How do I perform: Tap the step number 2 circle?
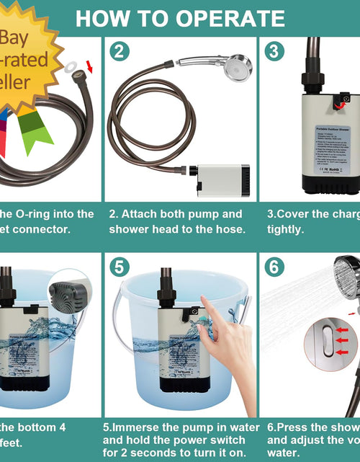pyautogui.click(x=120, y=51)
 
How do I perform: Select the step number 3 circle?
pyautogui.click(x=274, y=51)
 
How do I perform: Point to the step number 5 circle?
pyautogui.click(x=120, y=267)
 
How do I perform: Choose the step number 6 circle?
pyautogui.click(x=274, y=267)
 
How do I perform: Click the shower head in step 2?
pyautogui.click(x=236, y=66)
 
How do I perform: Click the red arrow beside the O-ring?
pyautogui.click(x=89, y=68)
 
